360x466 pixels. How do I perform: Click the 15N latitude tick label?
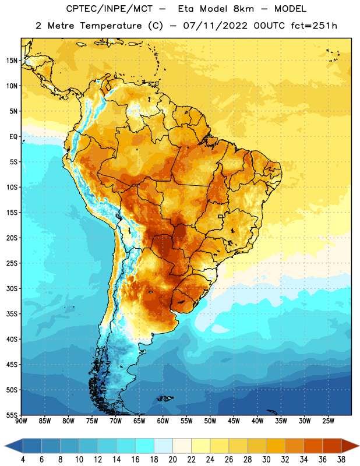point(12,61)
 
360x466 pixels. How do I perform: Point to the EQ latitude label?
point(13,137)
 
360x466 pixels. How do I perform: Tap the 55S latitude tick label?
point(12,415)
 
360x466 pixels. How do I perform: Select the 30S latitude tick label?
point(12,288)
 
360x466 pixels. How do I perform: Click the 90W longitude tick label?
point(21,421)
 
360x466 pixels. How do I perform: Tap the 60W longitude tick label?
point(163,421)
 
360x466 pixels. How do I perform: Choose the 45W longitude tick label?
point(234,421)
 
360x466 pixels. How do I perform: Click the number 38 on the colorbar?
point(341,460)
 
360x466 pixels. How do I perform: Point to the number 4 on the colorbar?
point(23,460)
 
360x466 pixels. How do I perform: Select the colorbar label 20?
point(172,460)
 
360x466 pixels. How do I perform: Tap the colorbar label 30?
point(266,460)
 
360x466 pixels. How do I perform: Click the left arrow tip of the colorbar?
point(5,446)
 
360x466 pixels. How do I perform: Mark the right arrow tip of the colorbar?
point(359,446)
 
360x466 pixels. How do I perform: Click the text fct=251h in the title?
point(314,26)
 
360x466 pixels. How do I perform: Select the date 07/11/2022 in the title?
point(215,26)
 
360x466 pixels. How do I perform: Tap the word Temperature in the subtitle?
point(111,26)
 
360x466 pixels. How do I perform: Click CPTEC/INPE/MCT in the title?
point(110,9)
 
